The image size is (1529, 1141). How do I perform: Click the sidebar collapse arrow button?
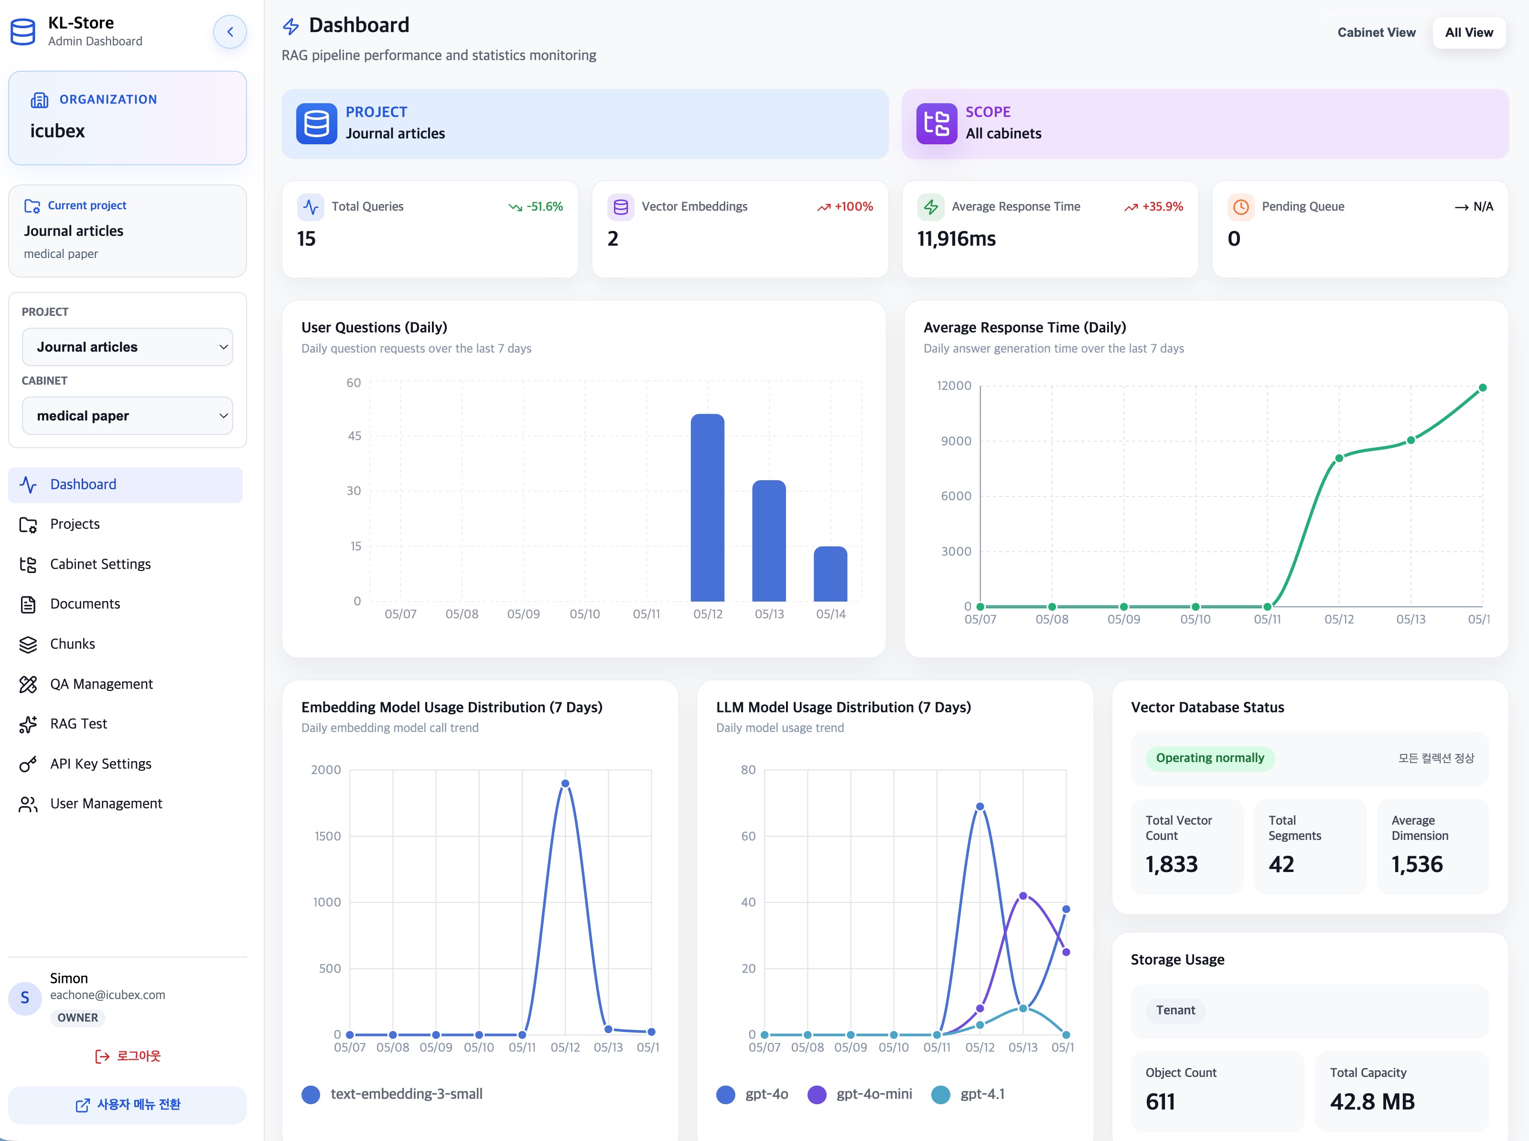coord(230,32)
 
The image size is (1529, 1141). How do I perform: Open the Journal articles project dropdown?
coord(127,347)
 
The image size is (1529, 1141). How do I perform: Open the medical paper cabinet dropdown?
coord(127,416)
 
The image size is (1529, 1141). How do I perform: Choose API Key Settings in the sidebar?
coord(101,764)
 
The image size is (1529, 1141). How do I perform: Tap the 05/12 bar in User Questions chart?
coord(707,507)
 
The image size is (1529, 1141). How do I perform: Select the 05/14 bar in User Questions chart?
coord(830,574)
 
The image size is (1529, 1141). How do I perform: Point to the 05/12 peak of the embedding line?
coord(565,783)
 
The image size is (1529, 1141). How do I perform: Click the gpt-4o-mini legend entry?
coord(860,1094)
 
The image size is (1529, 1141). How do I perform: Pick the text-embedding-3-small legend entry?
coord(392,1094)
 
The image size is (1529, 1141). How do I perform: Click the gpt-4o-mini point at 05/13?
coord(1023,896)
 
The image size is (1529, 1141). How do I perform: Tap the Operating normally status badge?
coord(1210,758)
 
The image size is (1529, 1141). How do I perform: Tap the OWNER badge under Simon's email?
coord(77,1017)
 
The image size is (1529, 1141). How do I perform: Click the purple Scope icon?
coord(937,124)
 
